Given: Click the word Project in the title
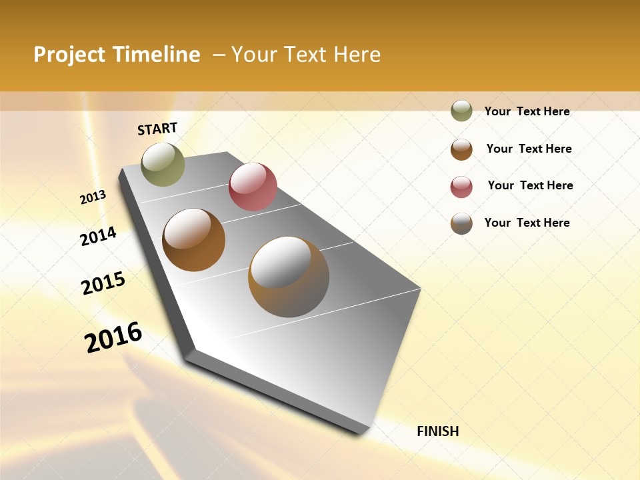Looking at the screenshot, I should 69,55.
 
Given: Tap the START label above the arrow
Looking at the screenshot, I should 157,129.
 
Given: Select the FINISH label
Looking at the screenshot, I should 437,431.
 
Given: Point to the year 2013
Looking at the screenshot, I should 93,197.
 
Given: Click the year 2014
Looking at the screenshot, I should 98,236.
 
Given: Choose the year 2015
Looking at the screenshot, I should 103,283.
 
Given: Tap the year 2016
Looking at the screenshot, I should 113,337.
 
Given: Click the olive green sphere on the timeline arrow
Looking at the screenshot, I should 163,164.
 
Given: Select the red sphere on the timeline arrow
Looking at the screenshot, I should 253,187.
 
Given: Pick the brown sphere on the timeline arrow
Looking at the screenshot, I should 193,240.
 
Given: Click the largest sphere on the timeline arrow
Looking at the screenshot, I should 289,277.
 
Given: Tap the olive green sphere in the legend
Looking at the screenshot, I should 461,111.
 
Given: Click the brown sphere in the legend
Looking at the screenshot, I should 461,149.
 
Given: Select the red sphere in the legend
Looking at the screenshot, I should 461,187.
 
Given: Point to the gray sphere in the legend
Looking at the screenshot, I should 461,223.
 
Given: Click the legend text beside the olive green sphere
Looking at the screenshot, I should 527,111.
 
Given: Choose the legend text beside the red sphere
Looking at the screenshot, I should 530,185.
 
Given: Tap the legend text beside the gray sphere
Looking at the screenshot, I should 527,223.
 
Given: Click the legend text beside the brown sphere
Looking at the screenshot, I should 529,149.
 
